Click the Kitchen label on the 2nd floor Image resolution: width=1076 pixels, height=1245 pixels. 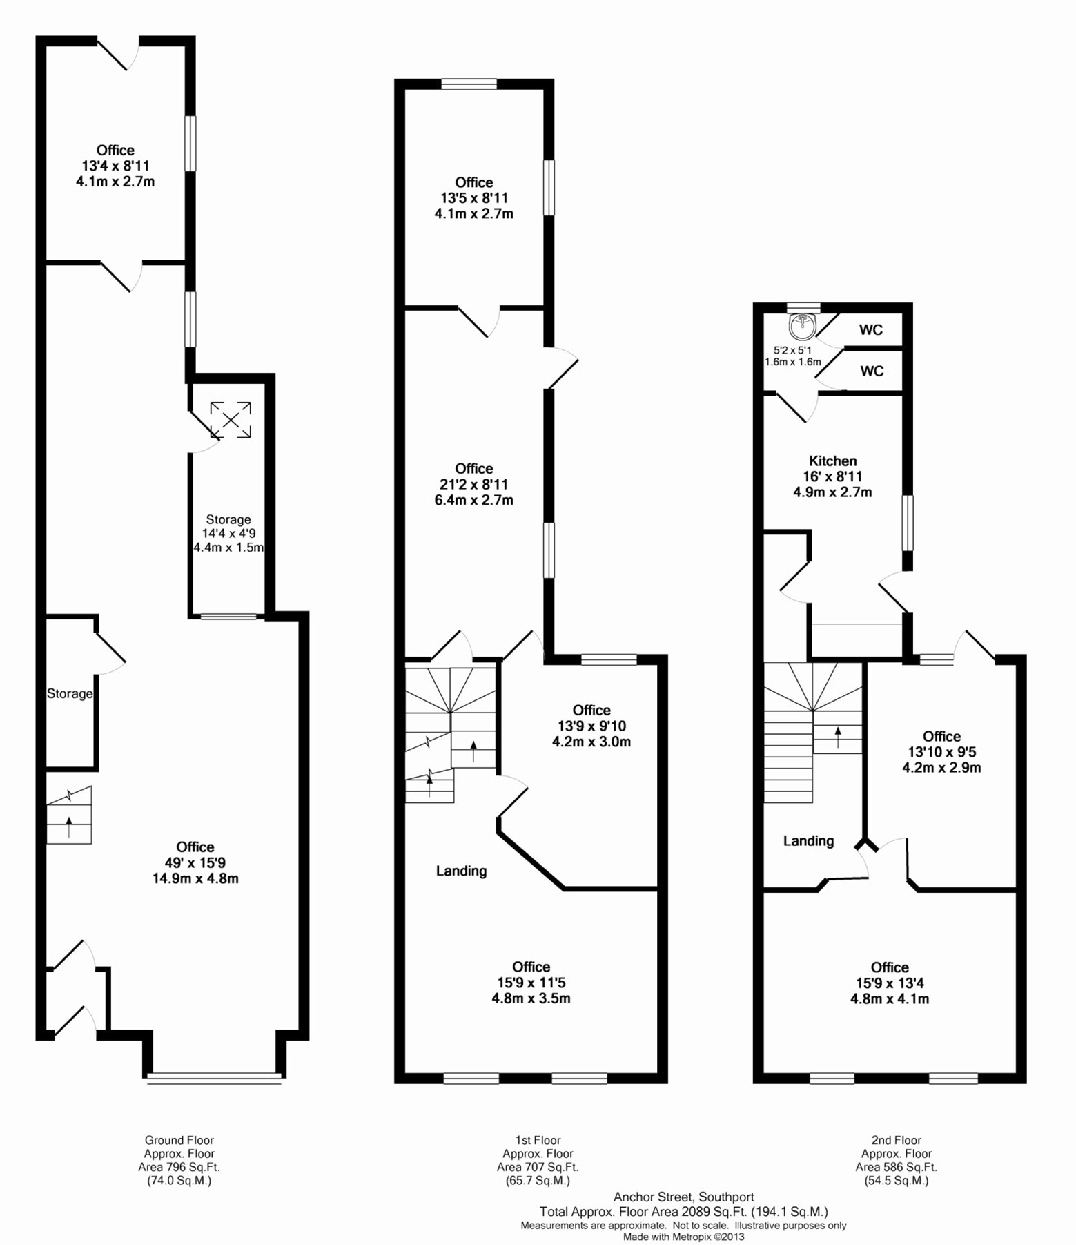(832, 461)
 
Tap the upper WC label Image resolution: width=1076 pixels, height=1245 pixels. (870, 329)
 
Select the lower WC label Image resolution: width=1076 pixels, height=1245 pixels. (871, 371)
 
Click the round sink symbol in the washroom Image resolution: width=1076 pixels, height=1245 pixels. (802, 322)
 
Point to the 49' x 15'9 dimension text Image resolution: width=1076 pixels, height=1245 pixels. (195, 862)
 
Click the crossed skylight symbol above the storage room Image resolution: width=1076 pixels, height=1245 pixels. (231, 419)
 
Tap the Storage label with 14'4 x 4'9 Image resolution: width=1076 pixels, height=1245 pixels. (228, 519)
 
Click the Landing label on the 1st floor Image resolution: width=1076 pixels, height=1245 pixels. (461, 871)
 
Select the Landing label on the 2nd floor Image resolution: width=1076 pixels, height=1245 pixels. (808, 840)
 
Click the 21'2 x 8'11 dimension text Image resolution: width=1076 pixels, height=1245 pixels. (473, 484)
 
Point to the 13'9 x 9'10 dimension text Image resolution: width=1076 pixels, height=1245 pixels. (591, 726)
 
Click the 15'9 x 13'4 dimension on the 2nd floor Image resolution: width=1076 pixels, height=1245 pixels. (890, 983)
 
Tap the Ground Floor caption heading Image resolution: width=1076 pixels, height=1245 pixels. (179, 1140)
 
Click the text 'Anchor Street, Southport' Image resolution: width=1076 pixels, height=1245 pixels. (683, 1197)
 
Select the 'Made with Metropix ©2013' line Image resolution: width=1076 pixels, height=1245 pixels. (683, 1237)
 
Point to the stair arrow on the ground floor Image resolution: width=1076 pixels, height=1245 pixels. (69, 826)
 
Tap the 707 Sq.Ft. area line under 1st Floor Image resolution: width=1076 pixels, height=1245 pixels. (537, 1167)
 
